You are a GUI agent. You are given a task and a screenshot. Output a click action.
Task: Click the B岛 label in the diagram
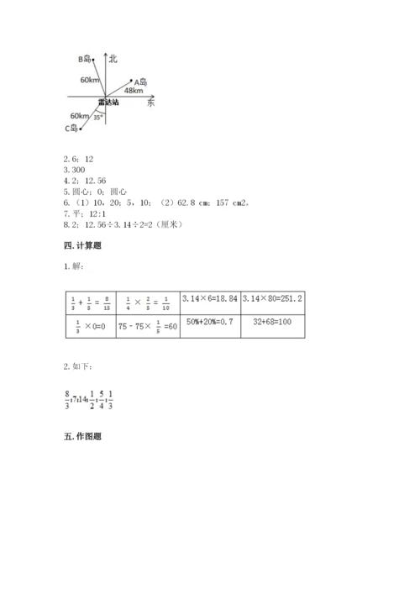[x=84, y=59]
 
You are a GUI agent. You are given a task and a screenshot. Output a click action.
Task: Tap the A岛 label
[x=141, y=81]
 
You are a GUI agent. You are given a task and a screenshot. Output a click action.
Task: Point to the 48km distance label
[x=133, y=90]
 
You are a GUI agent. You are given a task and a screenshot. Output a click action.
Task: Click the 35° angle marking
[x=98, y=118]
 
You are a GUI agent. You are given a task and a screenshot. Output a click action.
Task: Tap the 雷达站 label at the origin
[x=108, y=102]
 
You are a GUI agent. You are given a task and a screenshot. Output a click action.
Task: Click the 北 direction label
[x=114, y=57]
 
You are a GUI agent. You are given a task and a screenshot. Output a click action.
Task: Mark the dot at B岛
[x=93, y=59]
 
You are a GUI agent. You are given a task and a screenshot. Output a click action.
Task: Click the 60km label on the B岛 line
[x=90, y=79]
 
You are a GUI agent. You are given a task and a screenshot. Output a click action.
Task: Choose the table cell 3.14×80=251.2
[x=272, y=299]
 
